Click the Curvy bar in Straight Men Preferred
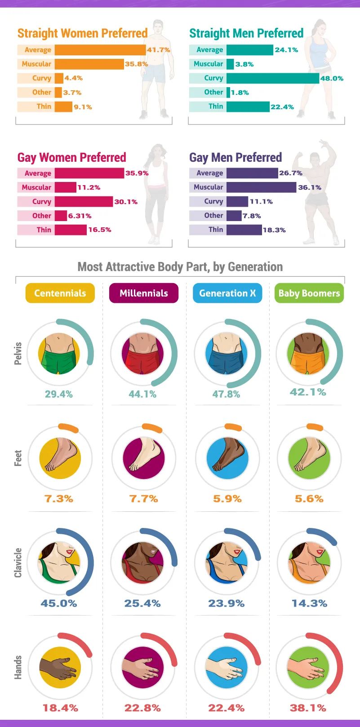(272, 78)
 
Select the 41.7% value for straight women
(158, 50)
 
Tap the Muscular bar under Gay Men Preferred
(261, 187)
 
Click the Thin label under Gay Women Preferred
(44, 230)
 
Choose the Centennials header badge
(60, 293)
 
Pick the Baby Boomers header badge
(309, 293)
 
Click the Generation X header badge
(227, 293)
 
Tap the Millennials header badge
(144, 293)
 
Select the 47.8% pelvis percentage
(226, 394)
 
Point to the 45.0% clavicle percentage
(59, 603)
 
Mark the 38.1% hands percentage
(308, 708)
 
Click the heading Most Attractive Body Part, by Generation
(180, 267)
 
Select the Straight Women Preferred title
(82, 33)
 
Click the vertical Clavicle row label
(18, 563)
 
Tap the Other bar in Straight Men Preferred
(228, 93)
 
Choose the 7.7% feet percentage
(143, 499)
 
